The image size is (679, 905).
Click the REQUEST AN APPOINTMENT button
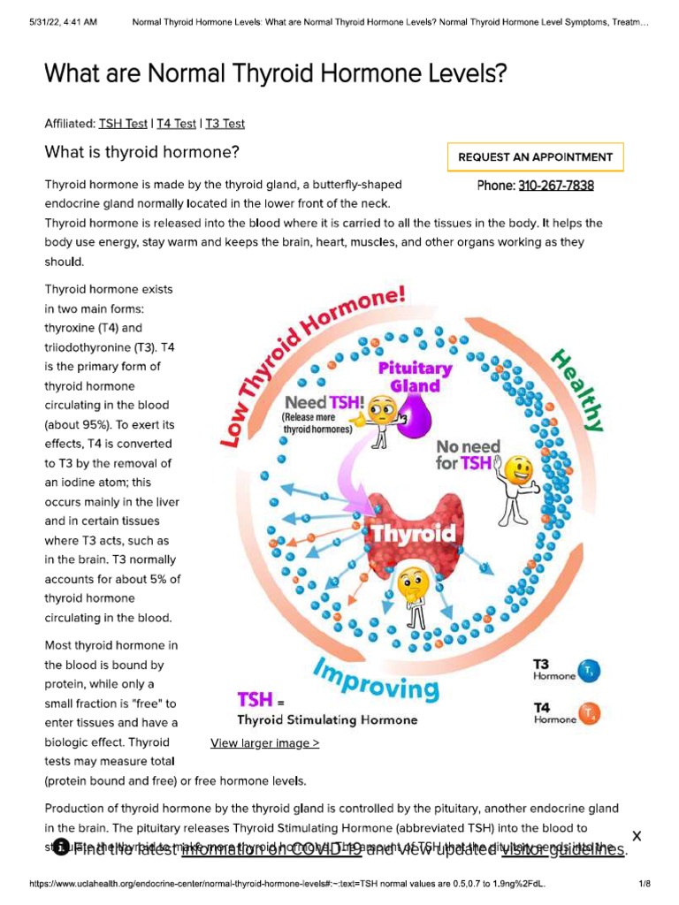point(535,156)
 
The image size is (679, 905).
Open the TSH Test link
point(123,124)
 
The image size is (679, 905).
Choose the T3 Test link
point(225,124)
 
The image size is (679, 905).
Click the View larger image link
point(264,743)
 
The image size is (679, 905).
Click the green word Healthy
point(576,391)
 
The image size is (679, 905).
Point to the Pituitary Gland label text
point(416,376)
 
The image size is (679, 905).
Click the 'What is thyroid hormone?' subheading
point(142,152)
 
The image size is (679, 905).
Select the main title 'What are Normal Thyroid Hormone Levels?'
point(276,73)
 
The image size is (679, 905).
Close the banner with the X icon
point(637,836)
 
